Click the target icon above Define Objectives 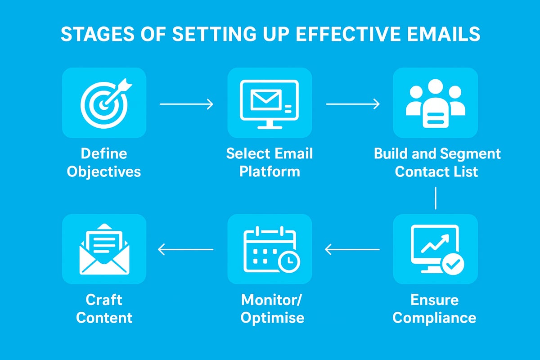tap(104, 103)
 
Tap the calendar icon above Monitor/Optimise tap(269, 250)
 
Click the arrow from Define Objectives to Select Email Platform tap(186, 104)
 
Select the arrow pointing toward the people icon tap(352, 104)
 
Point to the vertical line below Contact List tap(436, 198)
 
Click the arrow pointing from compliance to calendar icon tap(352, 249)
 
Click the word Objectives tap(104, 172)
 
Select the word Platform tap(270, 172)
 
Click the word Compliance tap(434, 318)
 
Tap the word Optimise tap(272, 318)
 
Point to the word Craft tap(104, 300)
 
